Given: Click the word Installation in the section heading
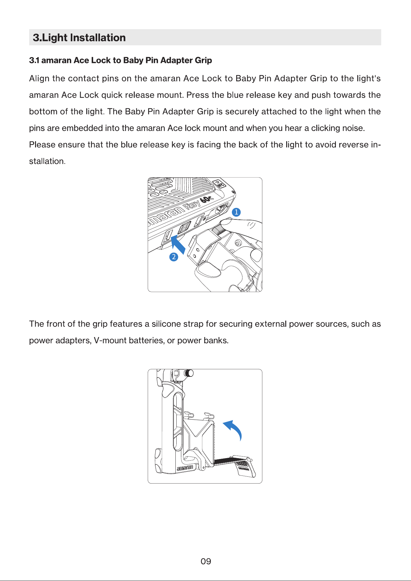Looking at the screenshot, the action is pos(98,38).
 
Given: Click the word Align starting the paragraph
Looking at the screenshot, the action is pos(39,79).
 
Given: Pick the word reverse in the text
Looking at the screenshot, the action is pos(353,145).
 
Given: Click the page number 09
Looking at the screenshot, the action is pos(206,561).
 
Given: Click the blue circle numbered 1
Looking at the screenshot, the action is pos(236,212).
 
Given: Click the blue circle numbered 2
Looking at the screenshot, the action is pos(174,257).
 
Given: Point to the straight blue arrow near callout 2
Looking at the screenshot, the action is pos(178,244).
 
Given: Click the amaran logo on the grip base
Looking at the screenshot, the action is pos(185,468).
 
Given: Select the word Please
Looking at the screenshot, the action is pos(42,145).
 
